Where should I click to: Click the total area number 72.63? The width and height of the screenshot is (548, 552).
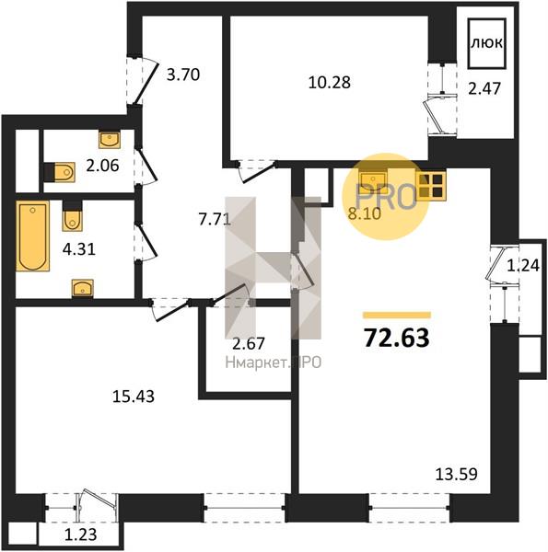(x=396, y=338)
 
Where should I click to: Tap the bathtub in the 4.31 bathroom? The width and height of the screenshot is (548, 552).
(x=33, y=236)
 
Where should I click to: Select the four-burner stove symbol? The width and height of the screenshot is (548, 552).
(x=431, y=185)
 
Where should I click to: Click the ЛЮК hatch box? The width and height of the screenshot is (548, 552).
(x=486, y=43)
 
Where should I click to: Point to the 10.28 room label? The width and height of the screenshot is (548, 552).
(x=329, y=83)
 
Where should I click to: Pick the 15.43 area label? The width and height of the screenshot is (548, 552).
(x=134, y=397)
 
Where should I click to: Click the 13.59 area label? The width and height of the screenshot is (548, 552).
(x=457, y=474)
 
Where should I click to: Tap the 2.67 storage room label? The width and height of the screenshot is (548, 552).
(x=249, y=343)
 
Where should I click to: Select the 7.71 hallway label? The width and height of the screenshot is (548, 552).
(x=215, y=221)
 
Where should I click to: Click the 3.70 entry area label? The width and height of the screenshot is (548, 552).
(x=183, y=75)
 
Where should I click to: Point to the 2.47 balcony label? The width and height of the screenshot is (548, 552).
(x=484, y=88)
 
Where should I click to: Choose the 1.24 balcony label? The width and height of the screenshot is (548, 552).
(x=523, y=266)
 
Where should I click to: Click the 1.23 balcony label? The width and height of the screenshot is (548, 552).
(x=80, y=535)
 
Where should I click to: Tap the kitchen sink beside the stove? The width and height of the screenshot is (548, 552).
(x=373, y=179)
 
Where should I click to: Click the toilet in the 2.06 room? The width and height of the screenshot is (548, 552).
(x=60, y=172)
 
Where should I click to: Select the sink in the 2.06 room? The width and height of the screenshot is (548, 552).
(x=110, y=140)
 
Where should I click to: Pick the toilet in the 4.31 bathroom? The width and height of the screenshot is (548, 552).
(x=72, y=216)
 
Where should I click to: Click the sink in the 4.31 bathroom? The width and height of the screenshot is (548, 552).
(x=83, y=288)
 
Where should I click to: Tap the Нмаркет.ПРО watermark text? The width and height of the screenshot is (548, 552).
(x=274, y=362)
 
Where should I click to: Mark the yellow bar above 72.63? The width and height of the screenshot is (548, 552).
(x=397, y=315)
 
